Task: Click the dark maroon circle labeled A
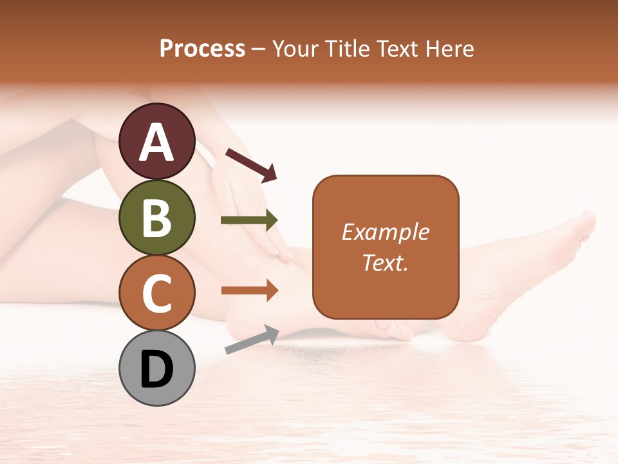tap(157, 141)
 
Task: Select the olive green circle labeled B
tap(157, 217)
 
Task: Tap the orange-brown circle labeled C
tap(157, 293)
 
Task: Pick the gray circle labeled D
tap(157, 369)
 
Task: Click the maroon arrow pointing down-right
tap(251, 165)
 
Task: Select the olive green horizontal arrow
tap(249, 220)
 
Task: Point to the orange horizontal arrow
tap(249, 290)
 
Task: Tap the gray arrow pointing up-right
tap(252, 340)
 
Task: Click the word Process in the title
tap(202, 48)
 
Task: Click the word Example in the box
tap(386, 232)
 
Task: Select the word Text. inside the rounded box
tap(386, 262)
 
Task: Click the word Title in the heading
tap(346, 48)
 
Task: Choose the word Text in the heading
tap(397, 48)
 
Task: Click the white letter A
tap(157, 142)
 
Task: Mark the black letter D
tap(157, 370)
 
